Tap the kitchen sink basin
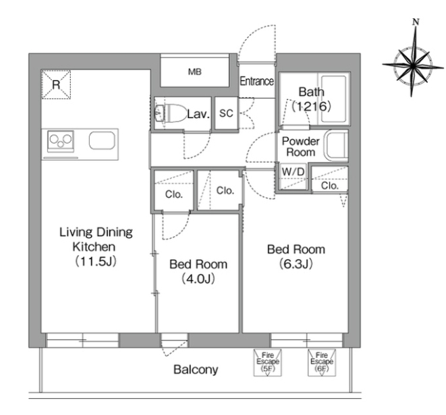point(102,140)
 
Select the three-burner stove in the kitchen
point(61,141)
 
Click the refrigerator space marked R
point(56,84)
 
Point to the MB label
point(195,72)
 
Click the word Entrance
point(257,82)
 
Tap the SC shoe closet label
point(226,113)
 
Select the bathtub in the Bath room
point(334,99)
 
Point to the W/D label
point(293,172)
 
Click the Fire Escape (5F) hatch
point(267,362)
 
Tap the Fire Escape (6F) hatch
point(322,362)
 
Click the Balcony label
point(196,370)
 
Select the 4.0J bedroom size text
point(198,279)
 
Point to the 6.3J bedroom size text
point(296,264)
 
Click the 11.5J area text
point(96,261)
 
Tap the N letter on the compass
point(416,22)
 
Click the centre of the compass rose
point(413,65)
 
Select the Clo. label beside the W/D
point(330,186)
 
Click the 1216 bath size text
point(312,107)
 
